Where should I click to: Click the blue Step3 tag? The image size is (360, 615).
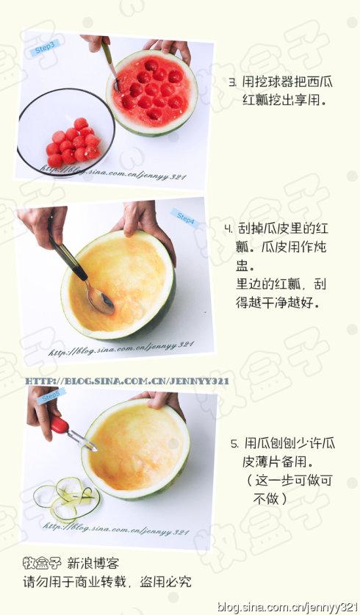click(x=45, y=48)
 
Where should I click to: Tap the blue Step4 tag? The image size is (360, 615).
click(x=184, y=218)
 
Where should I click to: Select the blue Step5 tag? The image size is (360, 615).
click(x=51, y=396)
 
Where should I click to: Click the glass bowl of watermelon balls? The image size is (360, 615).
click(x=66, y=132)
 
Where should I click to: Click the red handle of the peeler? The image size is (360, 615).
click(x=60, y=425)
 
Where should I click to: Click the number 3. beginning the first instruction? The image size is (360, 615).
click(x=233, y=82)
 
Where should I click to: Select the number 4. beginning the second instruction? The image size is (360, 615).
click(x=229, y=229)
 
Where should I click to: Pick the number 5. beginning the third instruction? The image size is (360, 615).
click(x=234, y=444)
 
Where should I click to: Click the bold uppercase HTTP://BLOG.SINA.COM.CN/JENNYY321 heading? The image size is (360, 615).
click(x=127, y=381)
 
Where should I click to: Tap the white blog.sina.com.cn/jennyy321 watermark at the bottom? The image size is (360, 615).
click(x=288, y=607)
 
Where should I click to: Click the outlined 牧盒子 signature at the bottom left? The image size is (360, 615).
click(x=42, y=564)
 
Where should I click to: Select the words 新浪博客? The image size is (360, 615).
click(x=93, y=564)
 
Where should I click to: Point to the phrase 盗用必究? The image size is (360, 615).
click(x=165, y=582)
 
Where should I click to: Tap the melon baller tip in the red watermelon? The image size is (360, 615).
click(x=117, y=85)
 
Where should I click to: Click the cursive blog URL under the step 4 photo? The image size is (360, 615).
click(x=121, y=349)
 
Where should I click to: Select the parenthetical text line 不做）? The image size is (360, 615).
click(x=270, y=498)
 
